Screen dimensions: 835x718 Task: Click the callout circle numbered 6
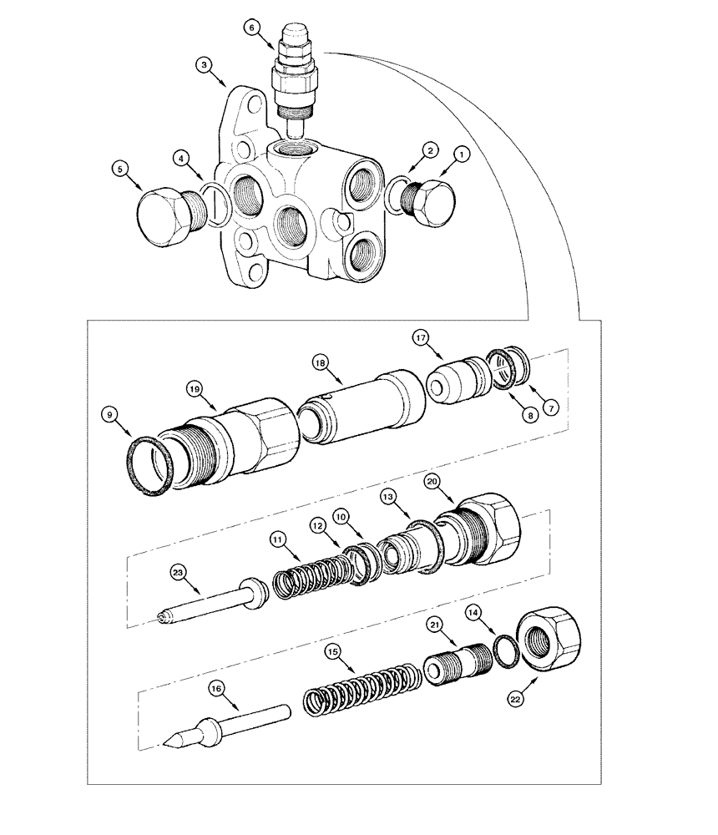[250, 28]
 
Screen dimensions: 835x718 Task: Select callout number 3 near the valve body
[202, 63]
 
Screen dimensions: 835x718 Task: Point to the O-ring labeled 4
[215, 205]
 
